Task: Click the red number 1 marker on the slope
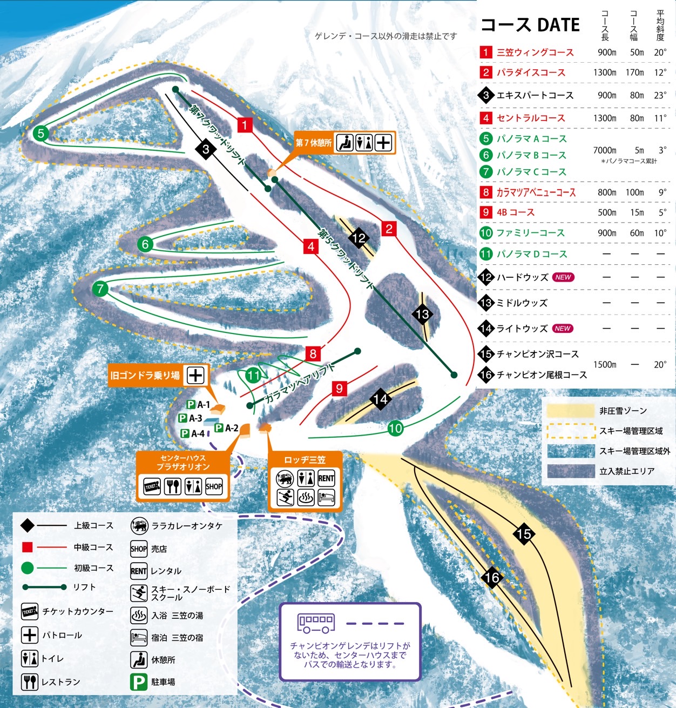point(245,125)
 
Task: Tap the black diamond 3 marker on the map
point(206,149)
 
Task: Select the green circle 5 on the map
point(41,133)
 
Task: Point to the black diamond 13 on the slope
point(422,314)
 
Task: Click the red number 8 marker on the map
point(313,354)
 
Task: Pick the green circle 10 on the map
point(395,429)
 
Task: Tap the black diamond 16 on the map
point(492,578)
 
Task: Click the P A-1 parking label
point(198,404)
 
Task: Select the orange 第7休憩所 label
point(313,143)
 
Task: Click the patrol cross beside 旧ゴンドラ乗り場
point(195,375)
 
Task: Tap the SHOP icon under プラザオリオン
point(214,486)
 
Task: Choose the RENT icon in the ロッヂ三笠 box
point(326,478)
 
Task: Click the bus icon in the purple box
point(316,623)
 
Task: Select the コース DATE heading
point(530,25)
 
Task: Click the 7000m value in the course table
point(605,150)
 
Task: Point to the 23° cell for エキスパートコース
point(660,95)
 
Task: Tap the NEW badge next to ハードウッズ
point(563,277)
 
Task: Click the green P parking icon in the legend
point(139,682)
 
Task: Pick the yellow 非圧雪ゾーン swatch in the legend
point(570,411)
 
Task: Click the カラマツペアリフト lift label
point(300,384)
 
